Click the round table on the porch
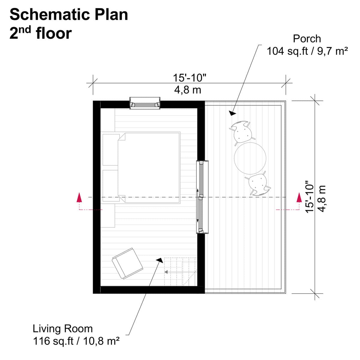pos(250,158)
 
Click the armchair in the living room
pos(127,263)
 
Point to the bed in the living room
pos(149,168)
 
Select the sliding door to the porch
pos(202,197)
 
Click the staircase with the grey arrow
pos(180,271)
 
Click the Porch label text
pos(307,39)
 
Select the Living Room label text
pos(63,329)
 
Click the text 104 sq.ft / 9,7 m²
pos(307,52)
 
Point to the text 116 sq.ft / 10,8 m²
pos(76,341)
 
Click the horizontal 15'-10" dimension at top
pos(189,78)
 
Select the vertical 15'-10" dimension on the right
pos(309,196)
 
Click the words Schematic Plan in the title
pos(69,14)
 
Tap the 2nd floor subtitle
pos(40,33)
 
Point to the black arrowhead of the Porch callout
pos(232,113)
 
